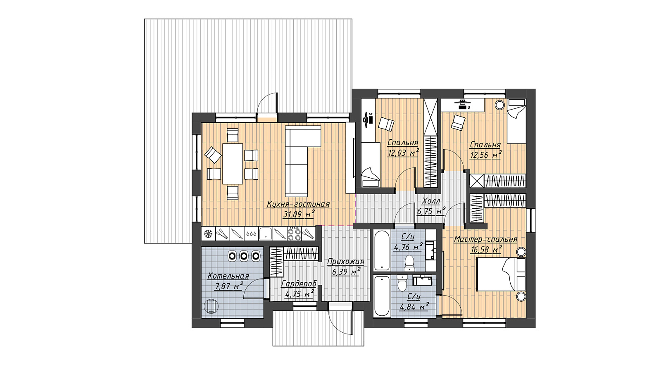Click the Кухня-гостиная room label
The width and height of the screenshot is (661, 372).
(298, 204)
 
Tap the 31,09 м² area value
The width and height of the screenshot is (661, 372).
(299, 214)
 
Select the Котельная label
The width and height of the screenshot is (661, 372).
(228, 276)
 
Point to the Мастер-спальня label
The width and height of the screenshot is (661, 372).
(485, 239)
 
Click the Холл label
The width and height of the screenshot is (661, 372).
(431, 201)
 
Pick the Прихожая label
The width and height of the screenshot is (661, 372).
(345, 262)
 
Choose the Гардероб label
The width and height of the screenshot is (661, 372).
(299, 284)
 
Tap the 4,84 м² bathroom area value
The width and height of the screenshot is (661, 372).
(414, 307)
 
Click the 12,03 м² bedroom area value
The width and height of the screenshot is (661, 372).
(403, 153)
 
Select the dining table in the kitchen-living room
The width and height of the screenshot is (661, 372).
(233, 163)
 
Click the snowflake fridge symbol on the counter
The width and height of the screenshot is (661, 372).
(208, 234)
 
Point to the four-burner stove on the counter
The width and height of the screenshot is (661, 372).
(294, 234)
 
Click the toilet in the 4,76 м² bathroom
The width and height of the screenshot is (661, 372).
(409, 263)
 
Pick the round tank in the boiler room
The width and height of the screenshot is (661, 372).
(211, 306)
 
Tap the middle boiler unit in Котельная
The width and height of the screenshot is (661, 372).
(243, 256)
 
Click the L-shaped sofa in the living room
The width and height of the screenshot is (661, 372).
(303, 161)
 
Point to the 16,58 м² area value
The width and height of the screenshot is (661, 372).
(486, 250)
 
